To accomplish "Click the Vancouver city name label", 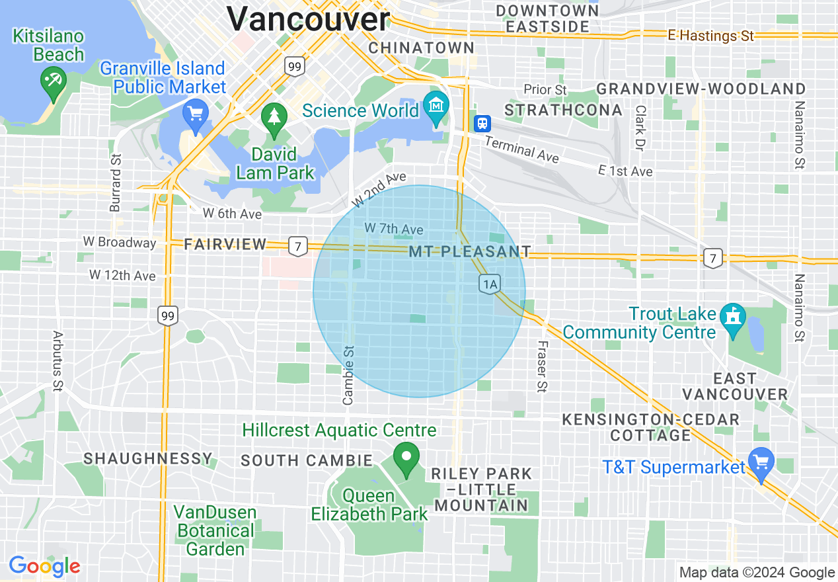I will [x=309, y=19].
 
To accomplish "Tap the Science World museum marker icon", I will [x=436, y=105].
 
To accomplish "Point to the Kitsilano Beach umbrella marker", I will [x=50, y=82].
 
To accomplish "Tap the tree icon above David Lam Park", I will [x=273, y=118].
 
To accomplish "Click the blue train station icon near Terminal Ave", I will [x=483, y=123].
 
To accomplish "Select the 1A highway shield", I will [x=489, y=284].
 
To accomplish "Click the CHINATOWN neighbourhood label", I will [x=421, y=48].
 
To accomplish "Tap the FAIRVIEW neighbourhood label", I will [x=225, y=245].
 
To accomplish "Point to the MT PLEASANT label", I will [x=469, y=252].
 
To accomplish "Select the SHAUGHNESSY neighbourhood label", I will [x=147, y=458].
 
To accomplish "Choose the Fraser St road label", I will [x=542, y=366].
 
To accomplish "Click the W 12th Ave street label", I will [x=122, y=274].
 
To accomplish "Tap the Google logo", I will [x=44, y=567].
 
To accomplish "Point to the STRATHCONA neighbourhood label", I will [x=563, y=110].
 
